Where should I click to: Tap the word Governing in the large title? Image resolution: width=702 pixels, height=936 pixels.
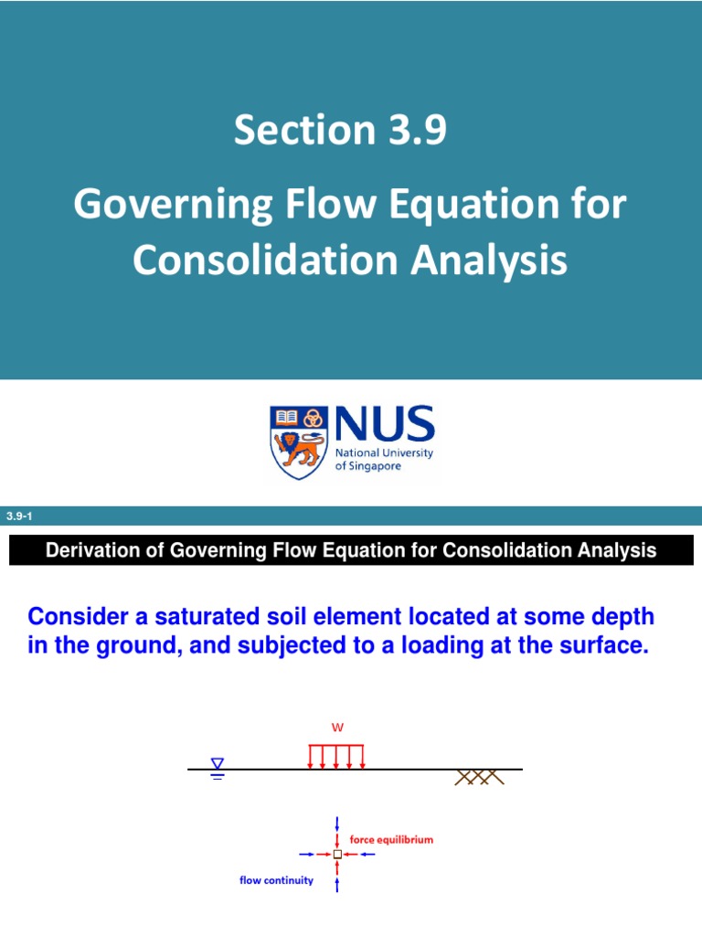click(x=172, y=205)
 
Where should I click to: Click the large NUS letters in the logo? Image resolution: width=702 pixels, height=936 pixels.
click(x=384, y=426)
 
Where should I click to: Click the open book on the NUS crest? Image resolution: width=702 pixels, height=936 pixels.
click(x=285, y=419)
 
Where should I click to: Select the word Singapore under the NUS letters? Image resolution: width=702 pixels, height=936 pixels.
click(x=378, y=466)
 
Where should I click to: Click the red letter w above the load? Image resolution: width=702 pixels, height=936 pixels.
click(x=336, y=729)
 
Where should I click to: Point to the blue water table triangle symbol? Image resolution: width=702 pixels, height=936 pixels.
click(x=218, y=765)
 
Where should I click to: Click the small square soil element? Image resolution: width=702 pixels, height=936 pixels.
click(x=337, y=854)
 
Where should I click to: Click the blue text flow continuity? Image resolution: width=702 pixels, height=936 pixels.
click(x=276, y=880)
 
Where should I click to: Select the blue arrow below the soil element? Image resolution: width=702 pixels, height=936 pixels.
click(x=337, y=882)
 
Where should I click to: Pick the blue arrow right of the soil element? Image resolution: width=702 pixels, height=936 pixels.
click(x=367, y=854)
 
